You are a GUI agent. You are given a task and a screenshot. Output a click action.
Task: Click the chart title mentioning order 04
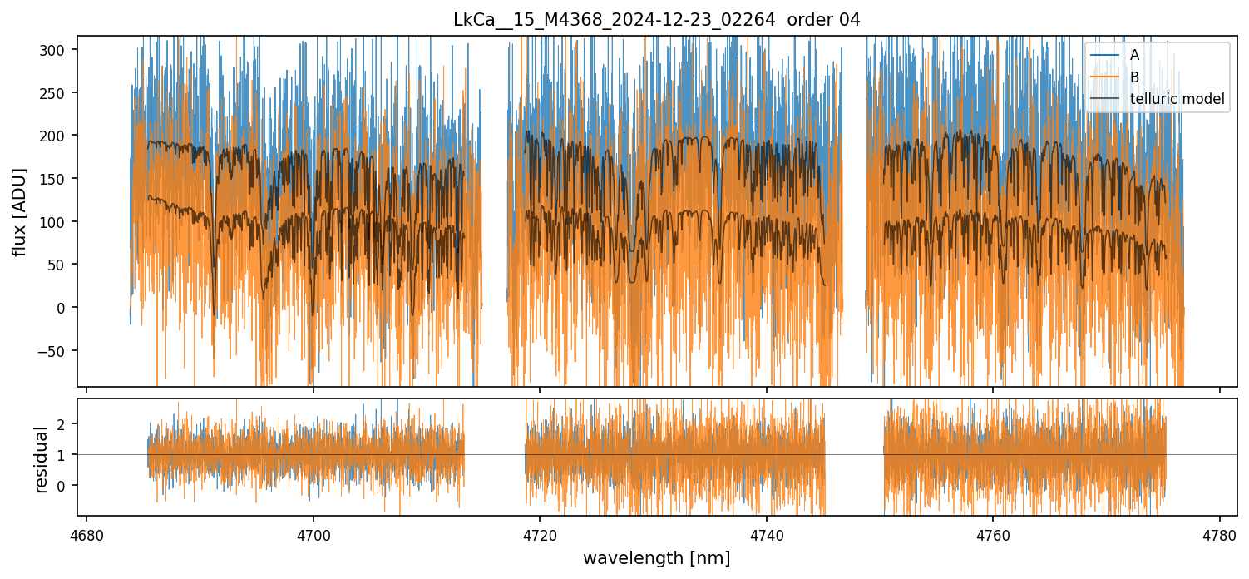click(656, 20)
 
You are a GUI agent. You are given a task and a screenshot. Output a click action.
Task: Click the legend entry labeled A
click(1134, 56)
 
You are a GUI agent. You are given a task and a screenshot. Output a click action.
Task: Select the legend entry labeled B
click(1134, 77)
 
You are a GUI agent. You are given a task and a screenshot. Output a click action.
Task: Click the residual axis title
click(41, 459)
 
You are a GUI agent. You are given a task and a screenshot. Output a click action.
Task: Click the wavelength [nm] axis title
click(656, 557)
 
